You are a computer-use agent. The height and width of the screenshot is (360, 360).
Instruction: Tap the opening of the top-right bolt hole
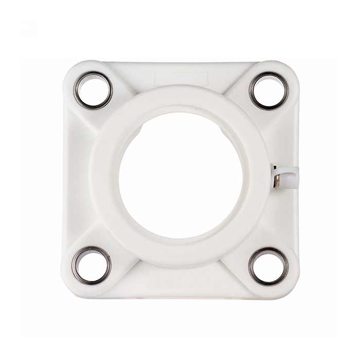(x=269, y=91)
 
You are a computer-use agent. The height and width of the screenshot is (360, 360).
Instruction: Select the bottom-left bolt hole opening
(x=92, y=265)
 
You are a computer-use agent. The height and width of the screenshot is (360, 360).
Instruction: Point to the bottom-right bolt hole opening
(x=268, y=266)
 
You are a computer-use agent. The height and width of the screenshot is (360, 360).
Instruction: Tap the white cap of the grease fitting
(x=291, y=177)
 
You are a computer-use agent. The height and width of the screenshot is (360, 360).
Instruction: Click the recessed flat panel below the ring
(x=180, y=283)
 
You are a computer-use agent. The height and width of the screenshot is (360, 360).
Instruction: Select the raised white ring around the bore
(x=180, y=98)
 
